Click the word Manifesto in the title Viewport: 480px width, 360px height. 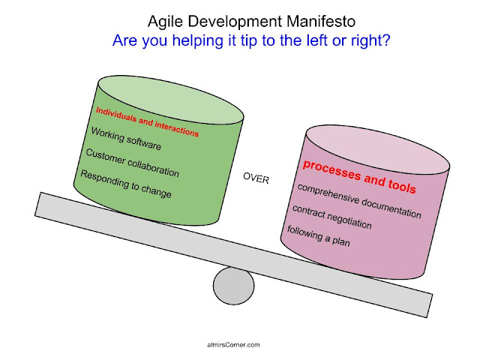pyautogui.click(x=321, y=22)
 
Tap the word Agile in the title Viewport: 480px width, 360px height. pyautogui.click(x=165, y=22)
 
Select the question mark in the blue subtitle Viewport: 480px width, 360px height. pyautogui.click(x=386, y=40)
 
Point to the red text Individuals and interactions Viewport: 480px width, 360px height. pyautogui.click(x=147, y=121)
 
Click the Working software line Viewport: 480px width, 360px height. pyautogui.click(x=126, y=139)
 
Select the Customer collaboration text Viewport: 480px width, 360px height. pyautogui.click(x=132, y=163)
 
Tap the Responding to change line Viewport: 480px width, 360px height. pyautogui.click(x=126, y=183)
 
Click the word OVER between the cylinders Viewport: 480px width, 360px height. pyautogui.click(x=256, y=178)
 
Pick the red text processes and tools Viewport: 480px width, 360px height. pyautogui.click(x=359, y=177)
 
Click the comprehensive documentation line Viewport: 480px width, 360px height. pyautogui.click(x=359, y=201)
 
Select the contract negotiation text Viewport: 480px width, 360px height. pyautogui.click(x=331, y=217)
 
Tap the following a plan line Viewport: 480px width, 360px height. pyautogui.click(x=318, y=235)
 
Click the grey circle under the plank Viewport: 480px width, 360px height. pyautogui.click(x=233, y=286)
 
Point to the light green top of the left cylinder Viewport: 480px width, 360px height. pyautogui.click(x=170, y=100)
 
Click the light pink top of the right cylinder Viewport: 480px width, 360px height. pyautogui.click(x=378, y=149)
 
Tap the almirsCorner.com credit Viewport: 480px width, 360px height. pyautogui.click(x=233, y=345)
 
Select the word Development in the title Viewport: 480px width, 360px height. pyautogui.click(x=235, y=22)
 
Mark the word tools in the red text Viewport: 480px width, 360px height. pyautogui.click(x=402, y=185)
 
